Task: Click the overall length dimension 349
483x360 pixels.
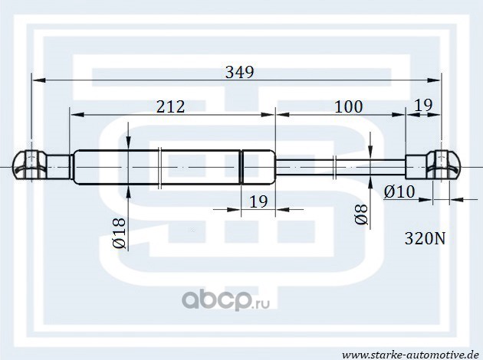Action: [x=240, y=73]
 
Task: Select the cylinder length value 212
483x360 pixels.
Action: [x=171, y=106]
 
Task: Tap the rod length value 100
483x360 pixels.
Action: [x=348, y=106]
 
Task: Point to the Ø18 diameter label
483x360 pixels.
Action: [x=120, y=233]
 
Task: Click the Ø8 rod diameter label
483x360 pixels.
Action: [x=361, y=214]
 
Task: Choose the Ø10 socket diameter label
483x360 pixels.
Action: [x=399, y=192]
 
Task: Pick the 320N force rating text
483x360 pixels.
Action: [x=425, y=238]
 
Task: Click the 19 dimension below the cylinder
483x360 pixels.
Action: [x=258, y=202]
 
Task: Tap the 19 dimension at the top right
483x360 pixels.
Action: [x=423, y=105]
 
